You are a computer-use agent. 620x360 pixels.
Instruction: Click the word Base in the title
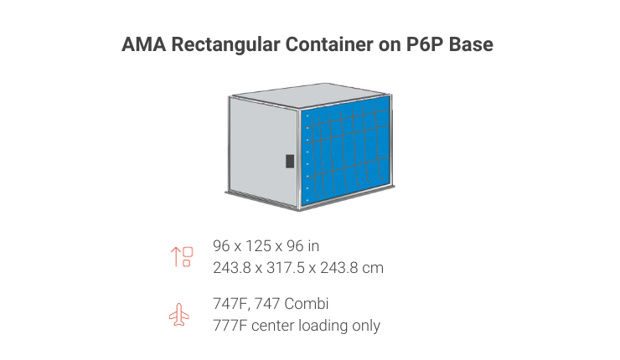click(x=472, y=45)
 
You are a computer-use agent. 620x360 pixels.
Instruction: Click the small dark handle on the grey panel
click(x=290, y=160)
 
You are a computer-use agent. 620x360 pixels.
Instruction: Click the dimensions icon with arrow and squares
click(x=182, y=256)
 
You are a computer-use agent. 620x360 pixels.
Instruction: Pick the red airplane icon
click(x=179, y=315)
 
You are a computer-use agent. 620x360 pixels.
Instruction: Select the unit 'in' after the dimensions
click(x=313, y=246)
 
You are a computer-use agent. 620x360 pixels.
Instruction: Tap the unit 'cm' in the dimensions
click(x=373, y=268)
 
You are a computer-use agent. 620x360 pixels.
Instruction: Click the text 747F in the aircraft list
click(x=231, y=304)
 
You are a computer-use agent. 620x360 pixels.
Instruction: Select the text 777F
click(x=230, y=326)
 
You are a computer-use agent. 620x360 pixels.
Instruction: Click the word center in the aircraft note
click(x=273, y=326)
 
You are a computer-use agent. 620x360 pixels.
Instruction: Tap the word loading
click(x=323, y=326)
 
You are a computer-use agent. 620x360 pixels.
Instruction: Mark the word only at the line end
click(x=366, y=326)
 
